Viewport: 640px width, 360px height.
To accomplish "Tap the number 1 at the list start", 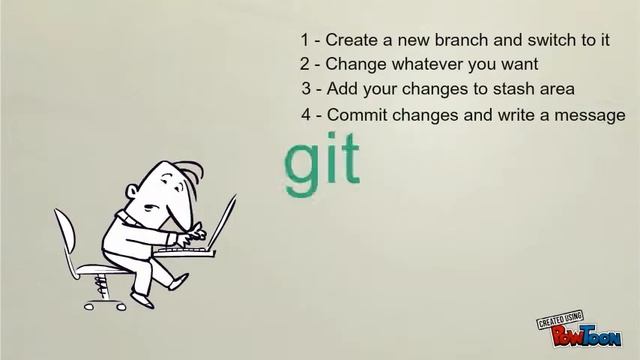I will pyautogui.click(x=304, y=41).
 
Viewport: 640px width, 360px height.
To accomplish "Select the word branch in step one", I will pyautogui.click(x=443, y=41).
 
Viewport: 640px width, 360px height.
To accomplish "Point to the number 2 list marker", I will pyautogui.click(x=304, y=65).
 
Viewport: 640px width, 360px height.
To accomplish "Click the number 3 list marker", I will pyautogui.click(x=306, y=89).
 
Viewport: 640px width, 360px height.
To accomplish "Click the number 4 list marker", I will pyautogui.click(x=306, y=114).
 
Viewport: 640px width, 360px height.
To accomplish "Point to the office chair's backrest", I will pyautogui.click(x=66, y=240).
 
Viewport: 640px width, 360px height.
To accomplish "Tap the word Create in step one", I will pyautogui.click(x=349, y=41).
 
